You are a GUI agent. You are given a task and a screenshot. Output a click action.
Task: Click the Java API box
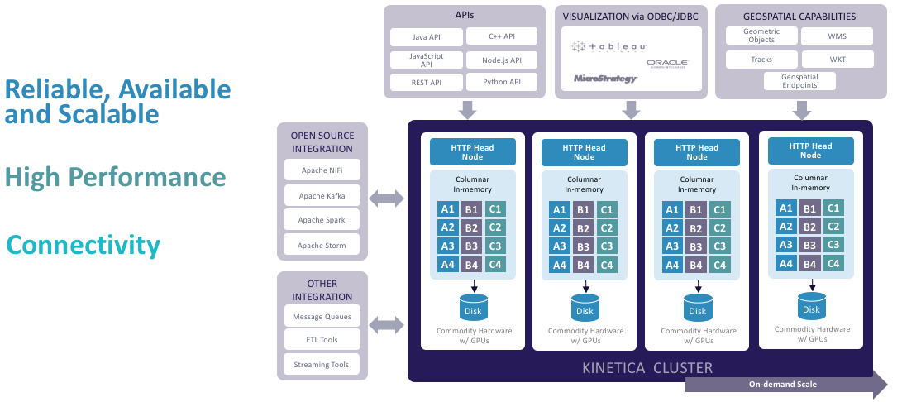[x=425, y=36]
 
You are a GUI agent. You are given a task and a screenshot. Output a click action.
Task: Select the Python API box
[x=502, y=82]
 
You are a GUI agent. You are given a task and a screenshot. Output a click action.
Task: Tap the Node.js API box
[x=502, y=60]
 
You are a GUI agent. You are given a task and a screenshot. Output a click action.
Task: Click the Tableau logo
[x=609, y=46]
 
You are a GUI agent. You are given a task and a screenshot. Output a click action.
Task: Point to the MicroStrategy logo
[x=605, y=79]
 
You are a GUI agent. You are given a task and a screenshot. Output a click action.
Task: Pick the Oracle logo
[x=668, y=63]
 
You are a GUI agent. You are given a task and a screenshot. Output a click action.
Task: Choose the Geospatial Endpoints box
[x=800, y=80]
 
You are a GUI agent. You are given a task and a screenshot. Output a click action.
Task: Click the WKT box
[x=838, y=60]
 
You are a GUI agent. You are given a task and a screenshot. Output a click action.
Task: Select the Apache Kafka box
[x=322, y=195]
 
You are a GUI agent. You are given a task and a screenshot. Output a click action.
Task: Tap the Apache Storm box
[x=322, y=245]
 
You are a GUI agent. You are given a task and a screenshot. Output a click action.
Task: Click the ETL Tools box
[x=322, y=340]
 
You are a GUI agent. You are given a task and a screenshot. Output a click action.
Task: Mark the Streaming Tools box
[x=322, y=364]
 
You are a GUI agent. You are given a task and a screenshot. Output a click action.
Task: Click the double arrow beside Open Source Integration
[x=387, y=198]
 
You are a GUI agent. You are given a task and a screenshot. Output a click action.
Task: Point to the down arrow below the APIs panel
[x=467, y=109]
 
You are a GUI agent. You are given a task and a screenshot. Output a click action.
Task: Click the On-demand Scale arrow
[x=785, y=385]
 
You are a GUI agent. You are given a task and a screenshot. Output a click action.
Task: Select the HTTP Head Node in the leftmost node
[x=472, y=152]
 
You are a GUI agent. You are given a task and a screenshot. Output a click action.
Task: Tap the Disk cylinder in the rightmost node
[x=812, y=306]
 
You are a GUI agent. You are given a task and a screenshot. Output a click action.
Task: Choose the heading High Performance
[x=115, y=177]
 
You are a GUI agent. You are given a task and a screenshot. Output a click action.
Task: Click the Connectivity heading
[x=84, y=245]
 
